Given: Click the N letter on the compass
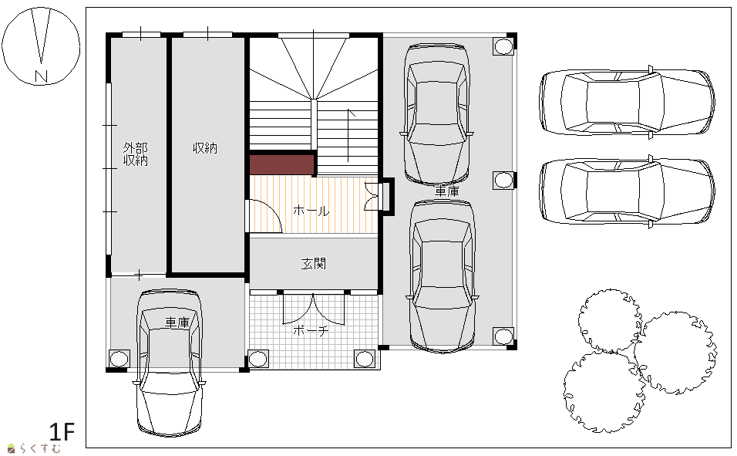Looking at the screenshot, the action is pyautogui.click(x=42, y=76).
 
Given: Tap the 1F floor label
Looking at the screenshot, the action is pyautogui.click(x=62, y=431).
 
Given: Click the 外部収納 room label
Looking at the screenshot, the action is pyautogui.click(x=136, y=154).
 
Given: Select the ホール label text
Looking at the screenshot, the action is pyautogui.click(x=311, y=211).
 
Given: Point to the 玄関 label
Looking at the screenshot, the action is pyautogui.click(x=314, y=264).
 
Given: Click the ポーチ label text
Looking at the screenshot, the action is pyautogui.click(x=311, y=330).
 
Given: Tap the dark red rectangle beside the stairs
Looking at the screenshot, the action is pyautogui.click(x=281, y=164).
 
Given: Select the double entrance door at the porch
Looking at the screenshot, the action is pyautogui.click(x=314, y=309).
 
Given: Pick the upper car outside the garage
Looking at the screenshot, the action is pyautogui.click(x=628, y=102).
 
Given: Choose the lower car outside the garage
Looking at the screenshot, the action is pyautogui.click(x=628, y=191).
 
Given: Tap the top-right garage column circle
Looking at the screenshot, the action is pyautogui.click(x=503, y=46).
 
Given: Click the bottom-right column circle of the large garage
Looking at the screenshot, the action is pyautogui.click(x=503, y=336).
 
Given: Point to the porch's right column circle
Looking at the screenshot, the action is pyautogui.click(x=365, y=359).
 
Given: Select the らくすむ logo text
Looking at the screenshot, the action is pyautogui.click(x=40, y=448).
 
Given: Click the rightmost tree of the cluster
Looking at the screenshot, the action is pyautogui.click(x=678, y=352).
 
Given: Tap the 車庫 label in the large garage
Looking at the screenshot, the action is pyautogui.click(x=447, y=191).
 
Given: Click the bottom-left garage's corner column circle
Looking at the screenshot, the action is pyautogui.click(x=119, y=359).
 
